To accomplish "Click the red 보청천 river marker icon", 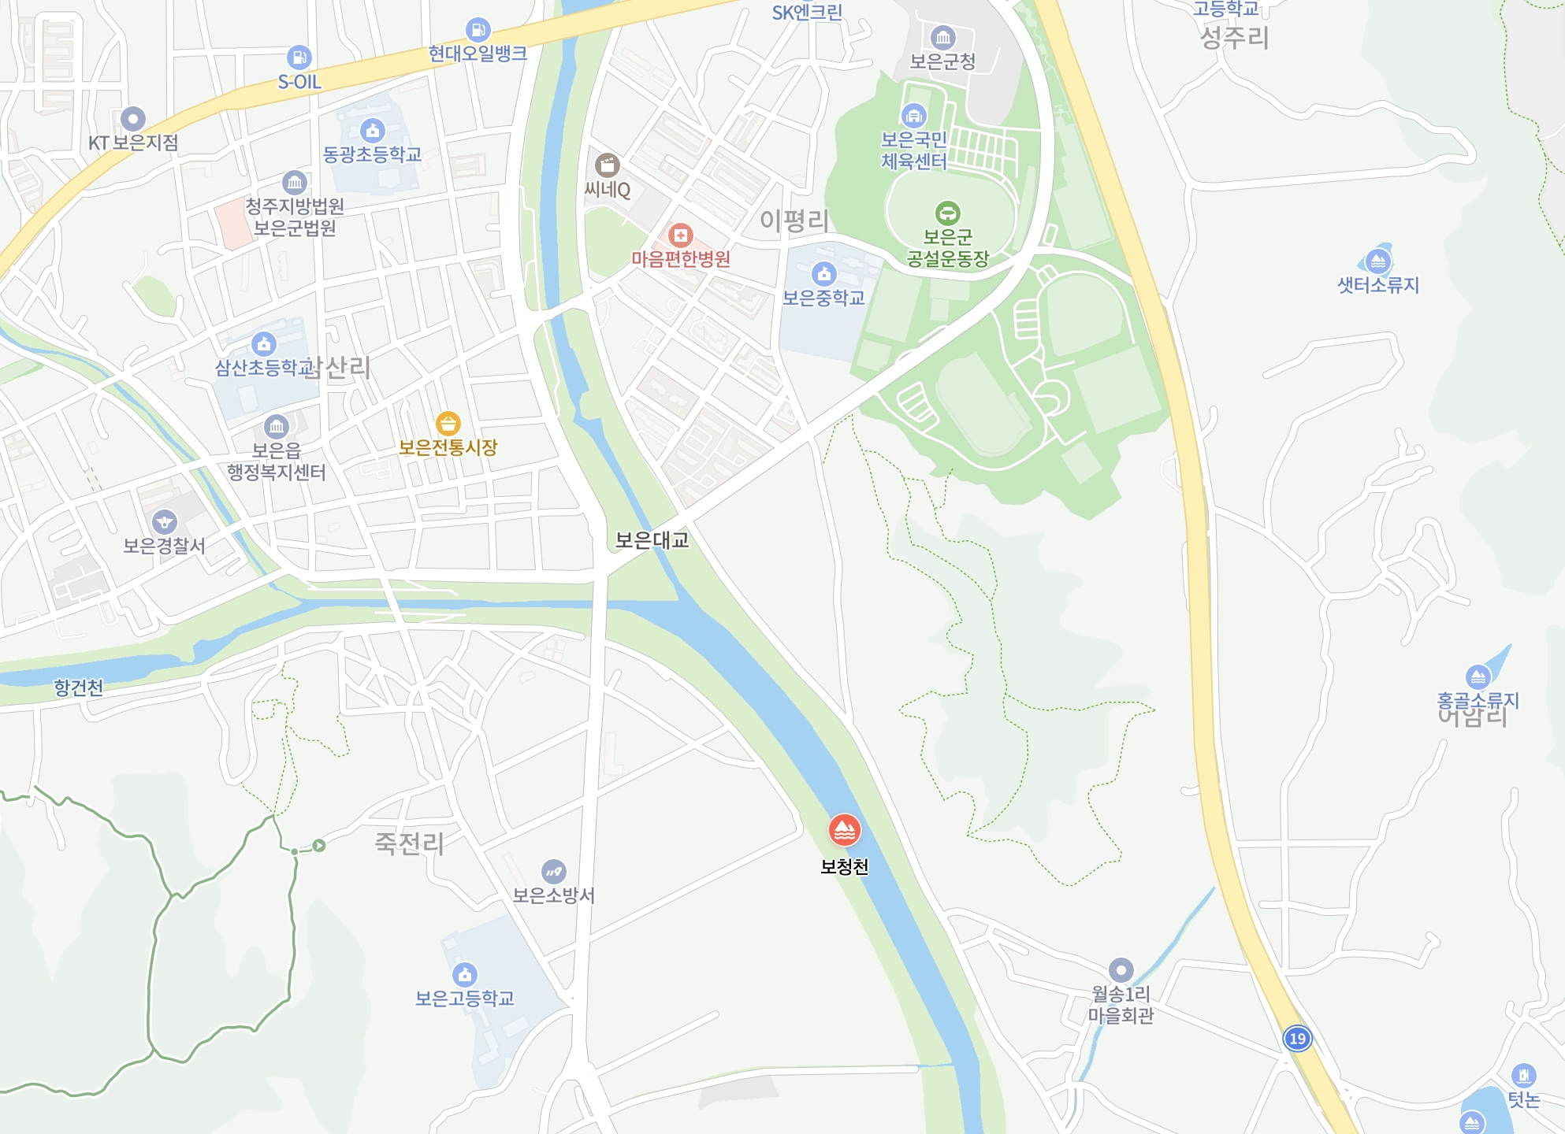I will coord(844,830).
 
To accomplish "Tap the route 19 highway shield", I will coord(1297,1038).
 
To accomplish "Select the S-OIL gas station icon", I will coord(299,57).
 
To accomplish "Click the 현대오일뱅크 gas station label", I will coord(478,54).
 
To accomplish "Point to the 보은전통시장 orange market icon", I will coord(448,424).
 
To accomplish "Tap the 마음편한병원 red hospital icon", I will coord(680,235).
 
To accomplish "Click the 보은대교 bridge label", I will coord(652,540).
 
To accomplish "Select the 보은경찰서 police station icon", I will coord(165,521).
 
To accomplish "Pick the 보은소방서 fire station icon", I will coord(553,871).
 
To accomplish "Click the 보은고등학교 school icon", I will coord(465,974).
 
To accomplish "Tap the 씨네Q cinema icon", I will coord(607,165).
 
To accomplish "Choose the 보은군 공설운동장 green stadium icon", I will coord(947,213).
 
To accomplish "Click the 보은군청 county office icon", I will coord(942,37).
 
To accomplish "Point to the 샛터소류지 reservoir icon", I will coord(1377,261).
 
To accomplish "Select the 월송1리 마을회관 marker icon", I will coord(1121,969).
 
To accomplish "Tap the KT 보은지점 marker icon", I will coord(132,119).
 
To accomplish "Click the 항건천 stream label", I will coord(79,687).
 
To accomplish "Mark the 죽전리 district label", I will coord(409,843).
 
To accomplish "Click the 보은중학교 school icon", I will coord(823,273).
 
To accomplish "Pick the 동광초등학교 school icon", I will coord(372,130).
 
